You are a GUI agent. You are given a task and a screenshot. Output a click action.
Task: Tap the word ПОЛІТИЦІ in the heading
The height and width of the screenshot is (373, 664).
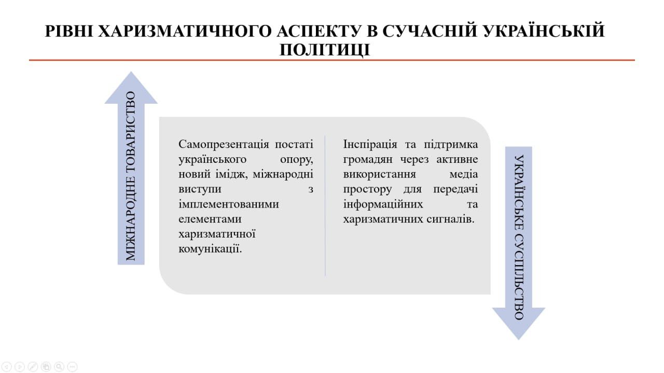point(325,49)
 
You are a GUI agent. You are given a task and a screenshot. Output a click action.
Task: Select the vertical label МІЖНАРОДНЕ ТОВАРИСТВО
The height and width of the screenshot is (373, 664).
point(131,176)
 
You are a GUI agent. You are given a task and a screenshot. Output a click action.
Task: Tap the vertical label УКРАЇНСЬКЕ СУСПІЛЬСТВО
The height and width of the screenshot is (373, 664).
point(519,237)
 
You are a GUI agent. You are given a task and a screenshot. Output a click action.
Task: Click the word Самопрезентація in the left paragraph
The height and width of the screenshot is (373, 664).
point(224,145)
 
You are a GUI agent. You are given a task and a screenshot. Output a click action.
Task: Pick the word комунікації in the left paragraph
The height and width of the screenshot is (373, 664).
point(210,249)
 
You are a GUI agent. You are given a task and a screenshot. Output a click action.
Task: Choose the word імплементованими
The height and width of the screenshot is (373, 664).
point(229,204)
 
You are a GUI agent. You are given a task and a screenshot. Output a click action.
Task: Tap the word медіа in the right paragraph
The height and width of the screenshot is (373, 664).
point(464,174)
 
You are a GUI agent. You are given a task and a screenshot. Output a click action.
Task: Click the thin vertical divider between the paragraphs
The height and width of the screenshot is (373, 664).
point(325,206)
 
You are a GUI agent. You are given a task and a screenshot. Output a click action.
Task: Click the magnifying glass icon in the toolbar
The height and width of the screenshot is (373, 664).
point(59,366)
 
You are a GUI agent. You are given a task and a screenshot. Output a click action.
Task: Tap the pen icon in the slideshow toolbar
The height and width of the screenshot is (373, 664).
point(33,366)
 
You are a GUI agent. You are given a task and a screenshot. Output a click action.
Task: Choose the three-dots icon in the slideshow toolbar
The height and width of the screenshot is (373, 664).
point(72,366)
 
